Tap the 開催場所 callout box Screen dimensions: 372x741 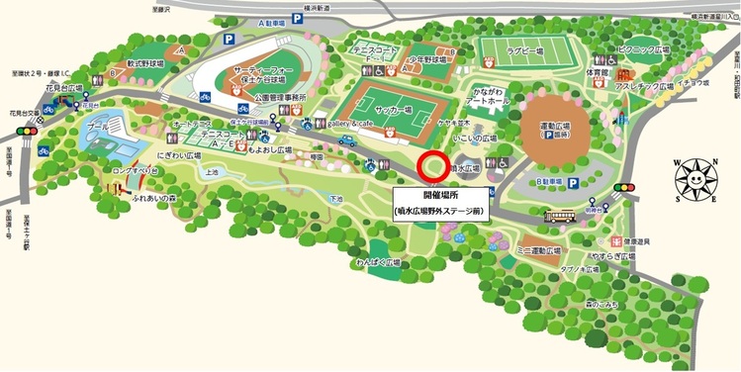432,204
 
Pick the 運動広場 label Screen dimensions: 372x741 553,127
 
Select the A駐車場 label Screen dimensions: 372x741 269,22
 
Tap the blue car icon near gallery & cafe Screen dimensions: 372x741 346,140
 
